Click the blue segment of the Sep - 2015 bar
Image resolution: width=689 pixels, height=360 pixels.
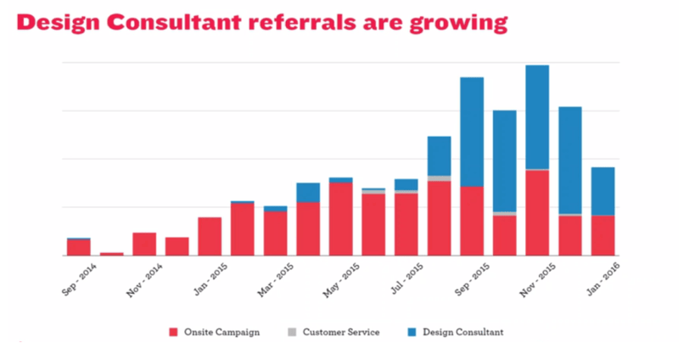(472, 132)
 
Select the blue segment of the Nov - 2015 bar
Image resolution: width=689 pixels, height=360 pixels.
(537, 117)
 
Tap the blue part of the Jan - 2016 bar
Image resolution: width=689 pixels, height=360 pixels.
(603, 191)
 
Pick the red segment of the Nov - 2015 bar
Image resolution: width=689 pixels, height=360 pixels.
(537, 212)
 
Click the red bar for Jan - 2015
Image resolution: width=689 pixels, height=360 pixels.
(210, 236)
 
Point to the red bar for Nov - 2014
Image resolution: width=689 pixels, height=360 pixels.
(144, 244)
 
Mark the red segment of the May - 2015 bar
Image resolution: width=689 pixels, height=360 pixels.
(341, 218)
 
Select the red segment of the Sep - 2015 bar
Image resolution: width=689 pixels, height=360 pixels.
(472, 221)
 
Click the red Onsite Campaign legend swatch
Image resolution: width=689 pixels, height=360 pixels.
(173, 332)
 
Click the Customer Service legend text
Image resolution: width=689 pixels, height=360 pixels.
(339, 332)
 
